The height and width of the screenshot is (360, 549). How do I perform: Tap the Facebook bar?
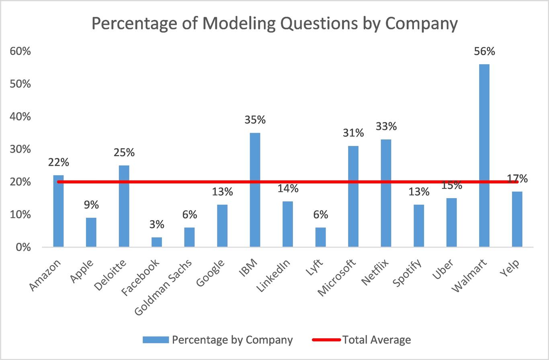(157, 242)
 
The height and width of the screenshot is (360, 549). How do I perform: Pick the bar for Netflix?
(386, 193)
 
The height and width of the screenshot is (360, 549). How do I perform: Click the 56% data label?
(484, 51)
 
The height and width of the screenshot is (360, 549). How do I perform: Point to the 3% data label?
(157, 225)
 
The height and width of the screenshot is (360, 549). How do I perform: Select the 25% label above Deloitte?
(124, 153)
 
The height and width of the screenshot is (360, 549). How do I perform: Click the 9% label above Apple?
(91, 205)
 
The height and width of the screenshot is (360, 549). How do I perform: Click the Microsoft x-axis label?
(337, 278)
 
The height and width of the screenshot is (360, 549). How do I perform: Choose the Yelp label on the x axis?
(510, 270)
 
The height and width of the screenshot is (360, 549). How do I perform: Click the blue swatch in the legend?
(156, 340)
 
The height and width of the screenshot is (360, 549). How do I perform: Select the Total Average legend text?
(377, 340)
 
